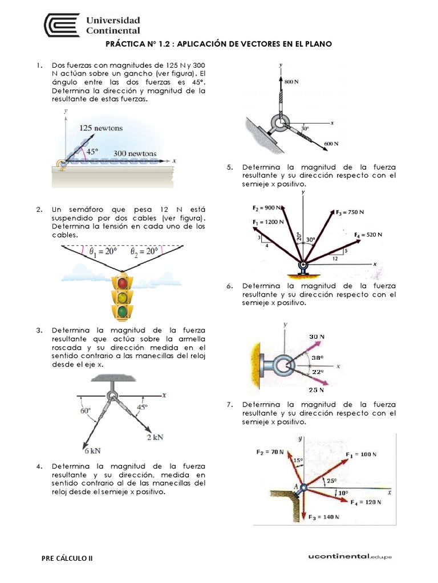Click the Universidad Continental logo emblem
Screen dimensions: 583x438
click(x=61, y=26)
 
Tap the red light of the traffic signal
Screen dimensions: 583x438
click(x=123, y=283)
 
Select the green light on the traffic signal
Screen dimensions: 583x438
click(x=123, y=311)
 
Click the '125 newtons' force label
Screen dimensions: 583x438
click(x=101, y=128)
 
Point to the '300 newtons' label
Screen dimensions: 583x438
click(x=135, y=153)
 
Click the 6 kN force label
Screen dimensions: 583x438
click(x=93, y=450)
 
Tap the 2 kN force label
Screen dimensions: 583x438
click(x=155, y=437)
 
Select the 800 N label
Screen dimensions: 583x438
click(x=292, y=83)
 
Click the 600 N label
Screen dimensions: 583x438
click(x=332, y=143)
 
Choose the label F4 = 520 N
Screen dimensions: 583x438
click(x=367, y=234)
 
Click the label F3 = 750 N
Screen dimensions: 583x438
click(x=350, y=212)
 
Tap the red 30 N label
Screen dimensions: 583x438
click(x=317, y=336)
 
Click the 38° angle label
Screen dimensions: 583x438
click(x=318, y=358)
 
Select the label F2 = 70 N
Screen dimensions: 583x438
click(x=269, y=451)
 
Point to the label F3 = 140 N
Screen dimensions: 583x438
click(x=323, y=517)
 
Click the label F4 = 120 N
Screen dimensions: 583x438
click(x=365, y=502)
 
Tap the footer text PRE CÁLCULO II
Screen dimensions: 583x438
click(x=67, y=559)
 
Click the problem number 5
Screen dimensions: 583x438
click(x=229, y=167)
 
